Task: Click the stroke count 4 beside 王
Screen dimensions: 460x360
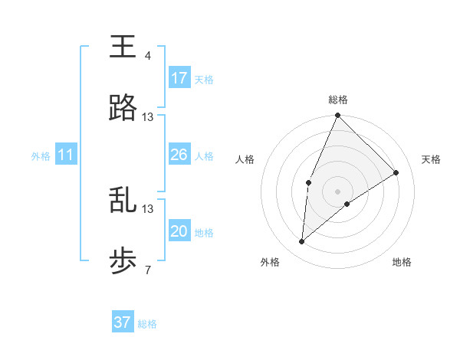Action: point(147,56)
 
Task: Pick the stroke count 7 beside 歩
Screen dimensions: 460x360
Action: point(147,270)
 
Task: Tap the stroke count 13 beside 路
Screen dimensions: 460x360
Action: point(148,117)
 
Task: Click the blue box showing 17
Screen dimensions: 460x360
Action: point(179,78)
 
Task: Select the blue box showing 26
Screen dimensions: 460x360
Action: point(179,155)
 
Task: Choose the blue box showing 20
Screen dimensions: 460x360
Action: point(179,232)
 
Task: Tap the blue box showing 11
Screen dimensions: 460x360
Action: point(66,155)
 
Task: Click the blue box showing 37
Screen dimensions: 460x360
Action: point(123,322)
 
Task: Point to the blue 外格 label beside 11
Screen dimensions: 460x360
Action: point(41,156)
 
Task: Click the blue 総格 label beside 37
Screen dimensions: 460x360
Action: point(147,324)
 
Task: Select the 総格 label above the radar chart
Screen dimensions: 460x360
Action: point(337,100)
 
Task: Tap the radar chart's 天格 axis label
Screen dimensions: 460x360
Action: point(431,159)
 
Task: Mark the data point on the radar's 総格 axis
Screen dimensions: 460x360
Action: point(337,116)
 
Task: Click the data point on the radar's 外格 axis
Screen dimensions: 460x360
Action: point(302,242)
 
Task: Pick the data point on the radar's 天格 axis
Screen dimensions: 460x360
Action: point(396,172)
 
